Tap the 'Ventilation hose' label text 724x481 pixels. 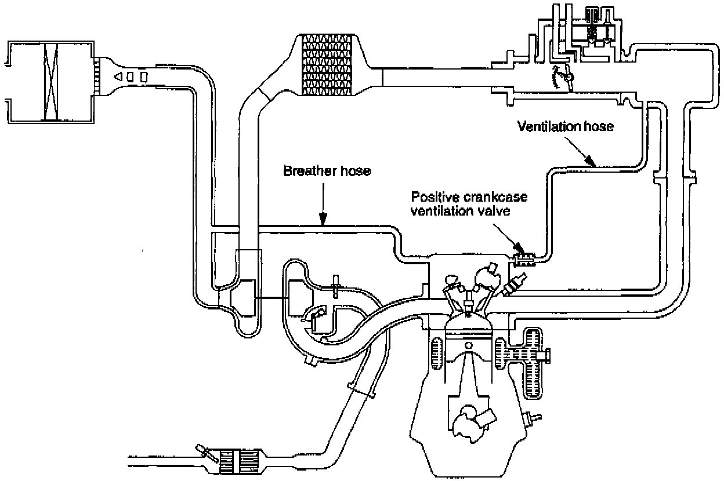click(566, 126)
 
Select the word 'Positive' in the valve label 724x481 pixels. click(434, 197)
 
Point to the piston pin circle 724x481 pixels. click(469, 345)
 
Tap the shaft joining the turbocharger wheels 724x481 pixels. click(272, 298)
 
